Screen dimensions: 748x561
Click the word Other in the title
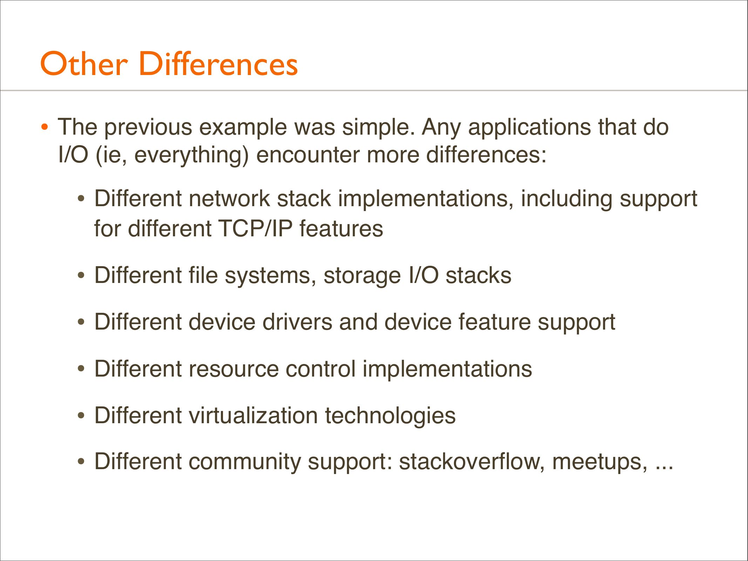[x=84, y=63]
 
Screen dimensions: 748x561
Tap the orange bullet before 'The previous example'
[x=44, y=127]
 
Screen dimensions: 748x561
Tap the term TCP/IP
[x=255, y=229]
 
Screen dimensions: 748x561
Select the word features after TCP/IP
[x=341, y=229]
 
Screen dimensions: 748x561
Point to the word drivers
[x=297, y=322]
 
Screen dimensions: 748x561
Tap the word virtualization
[x=253, y=415]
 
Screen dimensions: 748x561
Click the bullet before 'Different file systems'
[x=81, y=276]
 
